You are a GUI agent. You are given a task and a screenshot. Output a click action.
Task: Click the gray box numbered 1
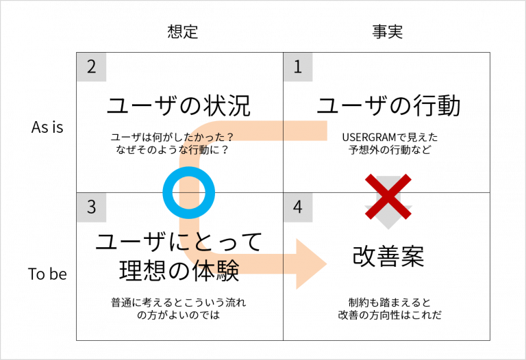coord(298,67)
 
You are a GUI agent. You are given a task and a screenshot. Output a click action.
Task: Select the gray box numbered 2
coord(91,67)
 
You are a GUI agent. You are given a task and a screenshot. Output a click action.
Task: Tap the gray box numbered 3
coord(91,207)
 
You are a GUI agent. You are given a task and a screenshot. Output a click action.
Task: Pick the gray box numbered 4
coord(298,207)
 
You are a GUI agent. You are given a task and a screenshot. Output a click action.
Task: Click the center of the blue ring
coord(189,193)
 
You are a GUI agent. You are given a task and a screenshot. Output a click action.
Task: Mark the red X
coord(388,196)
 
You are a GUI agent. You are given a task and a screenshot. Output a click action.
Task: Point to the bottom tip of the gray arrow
coord(388,229)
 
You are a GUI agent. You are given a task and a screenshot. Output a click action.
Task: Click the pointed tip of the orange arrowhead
coord(326,263)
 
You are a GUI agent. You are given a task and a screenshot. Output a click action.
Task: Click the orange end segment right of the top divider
coord(305,130)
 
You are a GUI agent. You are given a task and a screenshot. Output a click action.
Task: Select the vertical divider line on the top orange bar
coord(284,130)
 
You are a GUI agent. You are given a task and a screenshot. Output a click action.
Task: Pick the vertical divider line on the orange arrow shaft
coord(284,263)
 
